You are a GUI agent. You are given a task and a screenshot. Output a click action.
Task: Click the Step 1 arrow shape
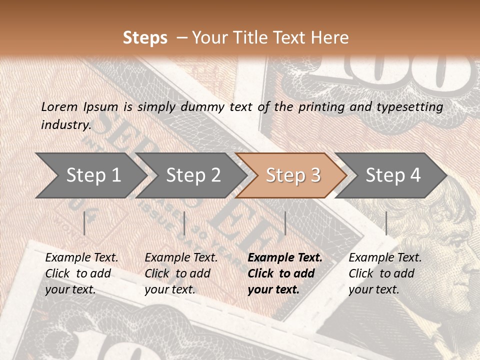pos(90,175)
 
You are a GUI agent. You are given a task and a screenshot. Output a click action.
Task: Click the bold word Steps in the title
pos(145,38)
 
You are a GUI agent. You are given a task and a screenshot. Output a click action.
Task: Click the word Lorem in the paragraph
pos(59,107)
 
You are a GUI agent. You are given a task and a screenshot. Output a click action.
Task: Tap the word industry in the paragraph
pos(65,125)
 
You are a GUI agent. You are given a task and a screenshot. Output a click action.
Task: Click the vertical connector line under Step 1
pos(84,223)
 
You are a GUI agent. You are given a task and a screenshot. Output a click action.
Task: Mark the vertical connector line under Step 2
pos(184,223)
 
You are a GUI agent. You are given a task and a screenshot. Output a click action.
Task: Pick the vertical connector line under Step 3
pos(285,223)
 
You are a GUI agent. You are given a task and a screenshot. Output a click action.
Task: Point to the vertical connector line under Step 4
pos(386,223)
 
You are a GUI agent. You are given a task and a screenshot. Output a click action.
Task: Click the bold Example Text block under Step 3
pos(285,273)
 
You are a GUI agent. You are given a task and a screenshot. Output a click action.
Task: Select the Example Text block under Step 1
pos(81,273)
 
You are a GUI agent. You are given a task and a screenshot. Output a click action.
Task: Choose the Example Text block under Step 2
pos(181,273)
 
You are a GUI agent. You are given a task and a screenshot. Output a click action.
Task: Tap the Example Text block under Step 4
pos(385,273)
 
